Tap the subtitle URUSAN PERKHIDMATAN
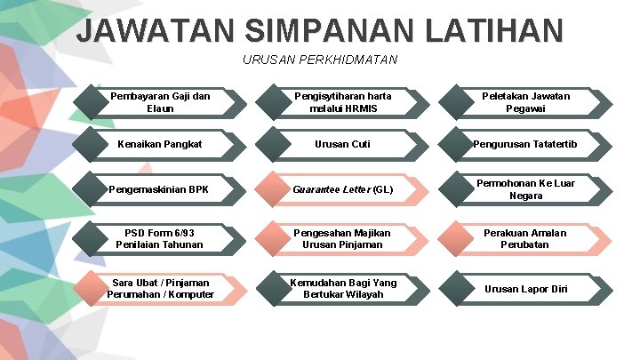pyautogui.click(x=320, y=60)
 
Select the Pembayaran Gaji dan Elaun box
pyautogui.click(x=160, y=102)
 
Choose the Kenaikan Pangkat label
pyautogui.click(x=160, y=144)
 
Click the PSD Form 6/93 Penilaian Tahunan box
pyautogui.click(x=160, y=238)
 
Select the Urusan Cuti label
pyautogui.click(x=342, y=144)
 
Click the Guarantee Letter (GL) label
pyautogui.click(x=342, y=189)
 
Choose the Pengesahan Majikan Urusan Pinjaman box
pyautogui.click(x=342, y=238)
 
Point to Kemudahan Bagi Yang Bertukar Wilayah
pyautogui.click(x=342, y=288)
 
